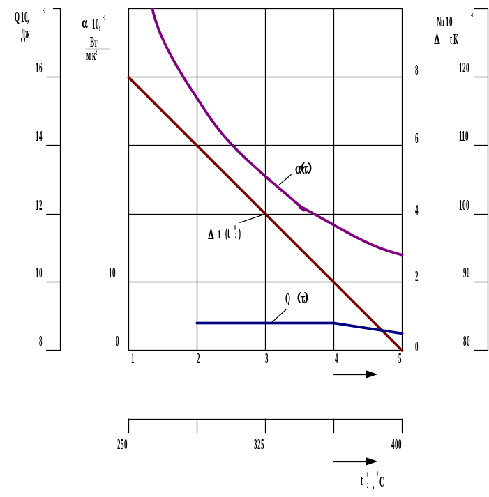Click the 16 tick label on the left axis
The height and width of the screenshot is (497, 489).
39,68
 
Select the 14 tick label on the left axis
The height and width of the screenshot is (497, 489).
39,137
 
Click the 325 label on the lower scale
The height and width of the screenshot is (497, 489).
259,445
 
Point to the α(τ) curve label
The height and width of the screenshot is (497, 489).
303,169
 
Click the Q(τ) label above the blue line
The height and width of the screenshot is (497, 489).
296,298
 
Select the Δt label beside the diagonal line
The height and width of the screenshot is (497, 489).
225,234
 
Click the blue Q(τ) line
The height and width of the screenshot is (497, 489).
265,323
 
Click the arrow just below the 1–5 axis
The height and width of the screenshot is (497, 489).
356,374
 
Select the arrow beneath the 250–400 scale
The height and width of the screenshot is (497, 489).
356,461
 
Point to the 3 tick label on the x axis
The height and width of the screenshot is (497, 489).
265,359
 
